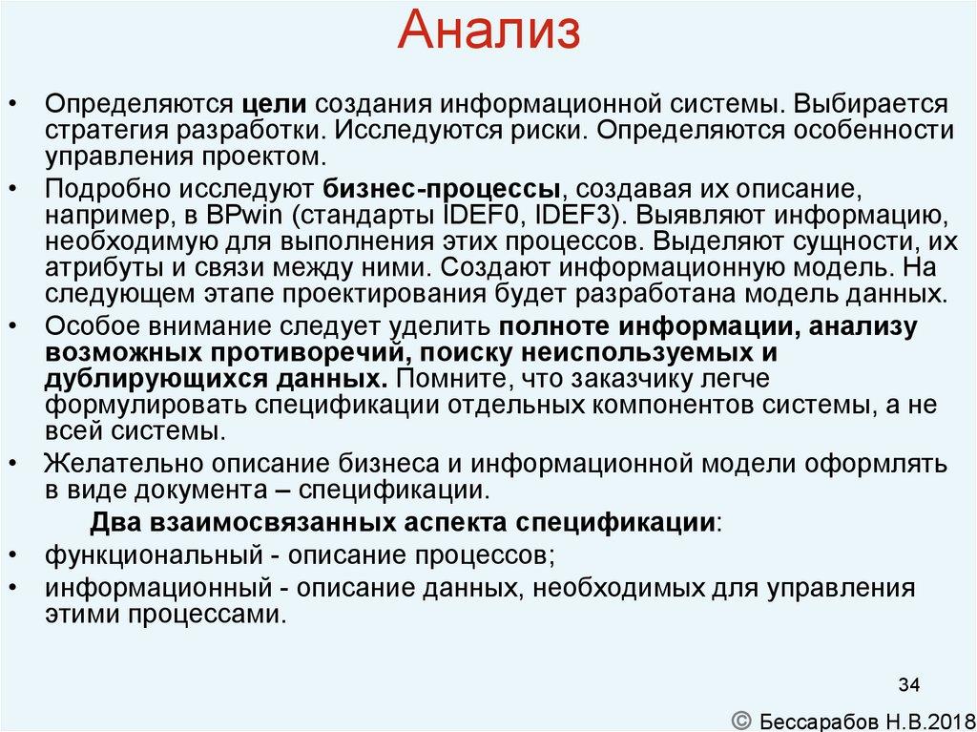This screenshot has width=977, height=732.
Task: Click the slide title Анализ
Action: [488, 31]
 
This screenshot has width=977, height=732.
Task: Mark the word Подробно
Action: [99, 187]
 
